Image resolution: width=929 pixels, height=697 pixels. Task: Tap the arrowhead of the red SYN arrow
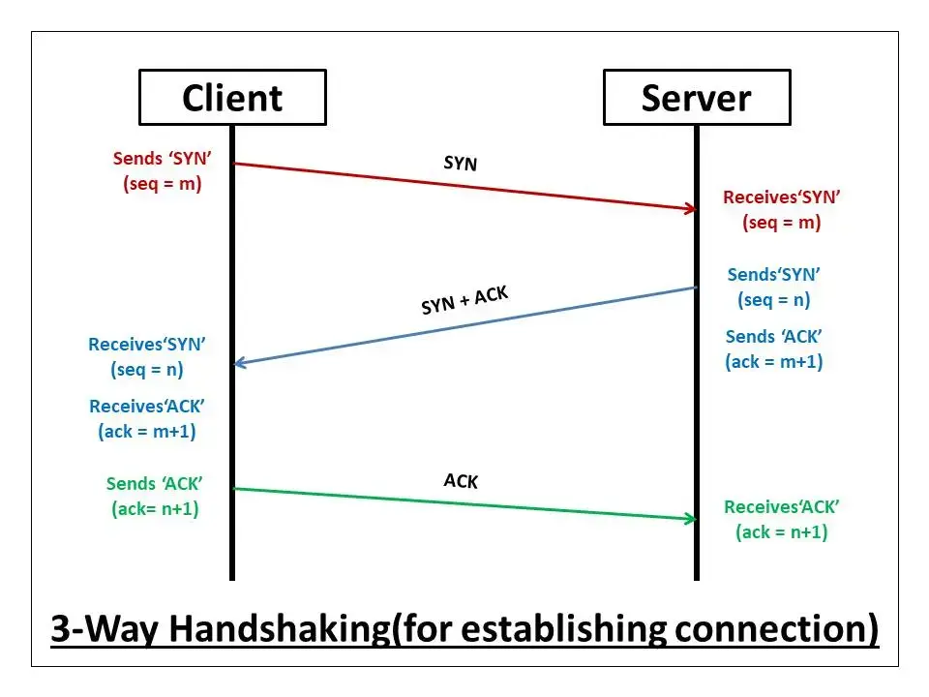click(691, 208)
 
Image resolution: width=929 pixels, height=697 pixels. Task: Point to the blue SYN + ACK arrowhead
click(240, 363)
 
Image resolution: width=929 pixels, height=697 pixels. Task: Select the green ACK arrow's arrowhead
click(691, 519)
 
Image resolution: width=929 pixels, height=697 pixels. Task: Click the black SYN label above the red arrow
click(461, 163)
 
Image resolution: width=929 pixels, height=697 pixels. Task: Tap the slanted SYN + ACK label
click(464, 300)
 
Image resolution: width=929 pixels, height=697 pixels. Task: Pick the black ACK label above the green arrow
click(461, 481)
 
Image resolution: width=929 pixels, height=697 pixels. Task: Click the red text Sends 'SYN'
click(162, 158)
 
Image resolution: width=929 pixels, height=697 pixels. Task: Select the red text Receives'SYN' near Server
click(782, 197)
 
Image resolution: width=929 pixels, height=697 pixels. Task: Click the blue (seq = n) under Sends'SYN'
click(774, 300)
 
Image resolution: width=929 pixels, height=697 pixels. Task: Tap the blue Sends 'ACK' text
click(774, 337)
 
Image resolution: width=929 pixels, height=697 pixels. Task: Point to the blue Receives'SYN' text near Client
click(147, 345)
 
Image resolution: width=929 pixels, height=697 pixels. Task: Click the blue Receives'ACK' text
click(147, 406)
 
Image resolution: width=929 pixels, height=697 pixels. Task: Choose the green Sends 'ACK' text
click(154, 484)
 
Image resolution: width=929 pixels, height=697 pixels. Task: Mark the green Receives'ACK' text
click(782, 506)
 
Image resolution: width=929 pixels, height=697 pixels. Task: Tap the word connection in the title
click(770, 628)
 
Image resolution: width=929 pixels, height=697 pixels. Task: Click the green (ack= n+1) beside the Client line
click(155, 509)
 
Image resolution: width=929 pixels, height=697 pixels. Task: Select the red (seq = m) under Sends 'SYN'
click(163, 184)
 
